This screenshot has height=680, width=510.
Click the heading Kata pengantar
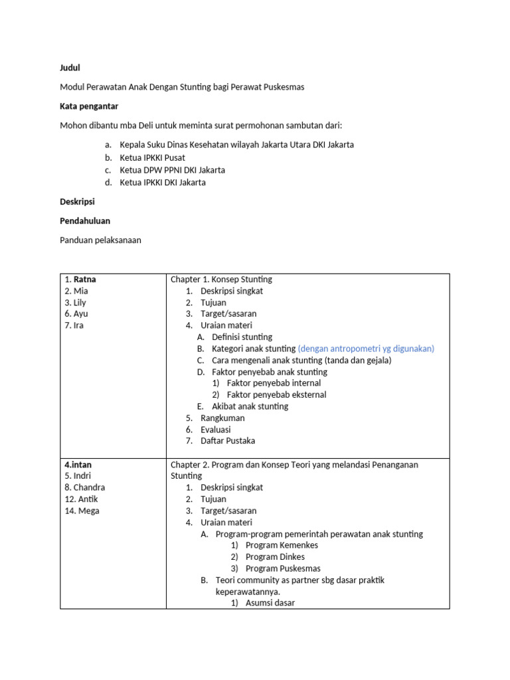(x=89, y=106)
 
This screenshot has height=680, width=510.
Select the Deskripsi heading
(x=78, y=202)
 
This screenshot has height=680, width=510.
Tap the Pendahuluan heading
(x=85, y=221)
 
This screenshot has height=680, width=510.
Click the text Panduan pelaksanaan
(x=100, y=240)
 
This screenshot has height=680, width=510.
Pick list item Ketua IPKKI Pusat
(x=152, y=157)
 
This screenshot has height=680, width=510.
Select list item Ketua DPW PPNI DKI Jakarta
(x=172, y=170)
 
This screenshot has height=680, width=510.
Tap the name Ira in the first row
(x=78, y=325)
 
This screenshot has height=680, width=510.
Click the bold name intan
(x=81, y=465)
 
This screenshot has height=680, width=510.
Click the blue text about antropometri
(x=366, y=349)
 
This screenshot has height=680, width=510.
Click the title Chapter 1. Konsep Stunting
(x=221, y=280)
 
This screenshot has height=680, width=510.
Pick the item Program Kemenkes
(x=282, y=545)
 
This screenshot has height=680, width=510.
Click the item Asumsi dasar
(x=270, y=603)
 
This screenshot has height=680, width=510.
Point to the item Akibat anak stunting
(x=250, y=406)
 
